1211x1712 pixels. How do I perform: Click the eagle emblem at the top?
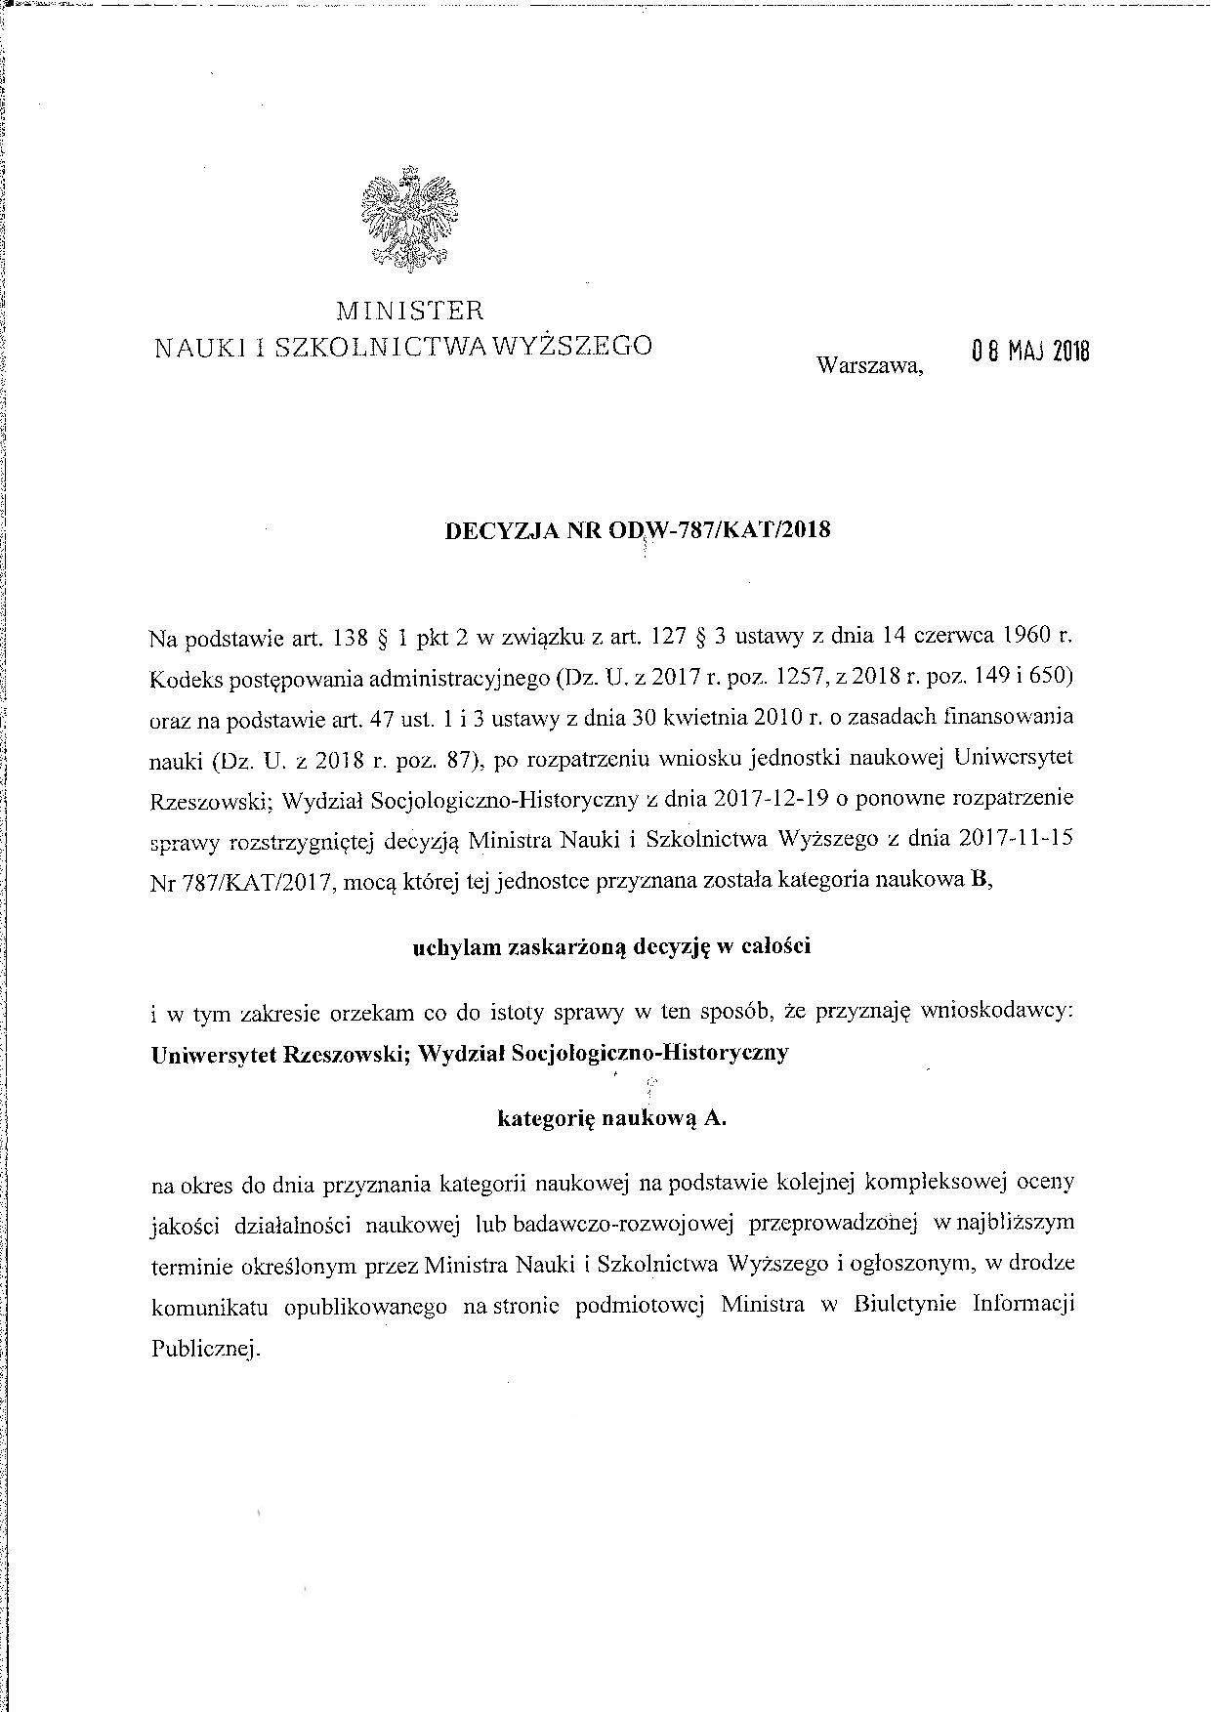click(409, 216)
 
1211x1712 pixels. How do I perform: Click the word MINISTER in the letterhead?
click(410, 312)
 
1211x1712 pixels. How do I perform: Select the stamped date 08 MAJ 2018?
click(1029, 352)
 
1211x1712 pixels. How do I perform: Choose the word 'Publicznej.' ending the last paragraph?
click(205, 1349)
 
